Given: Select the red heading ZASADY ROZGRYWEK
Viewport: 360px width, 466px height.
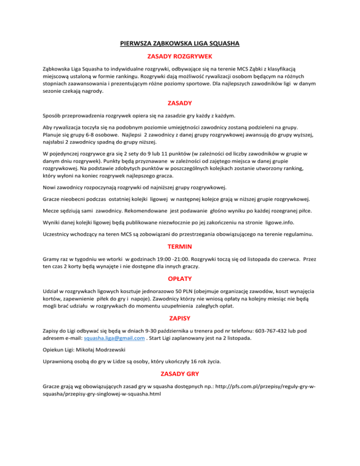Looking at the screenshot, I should coord(180,56).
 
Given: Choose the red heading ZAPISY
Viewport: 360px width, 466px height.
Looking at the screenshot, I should coord(180,317).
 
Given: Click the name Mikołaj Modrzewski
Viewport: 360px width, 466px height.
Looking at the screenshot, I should coord(105,349).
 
